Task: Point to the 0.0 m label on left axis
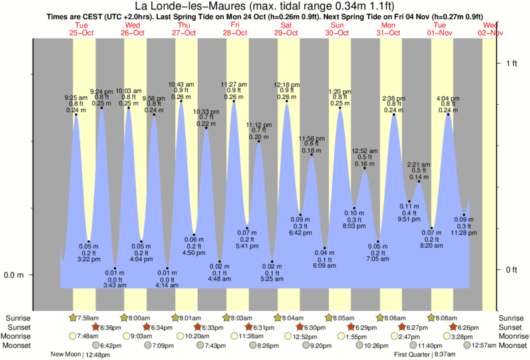pyautogui.click(x=15, y=275)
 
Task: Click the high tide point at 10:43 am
pyautogui.click(x=180, y=102)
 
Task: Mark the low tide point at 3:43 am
pyautogui.click(x=114, y=268)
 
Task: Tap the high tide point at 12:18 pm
pyautogui.click(x=287, y=102)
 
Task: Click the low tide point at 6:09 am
pyautogui.click(x=325, y=248)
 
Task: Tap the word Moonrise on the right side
pyautogui.click(x=512, y=336)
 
